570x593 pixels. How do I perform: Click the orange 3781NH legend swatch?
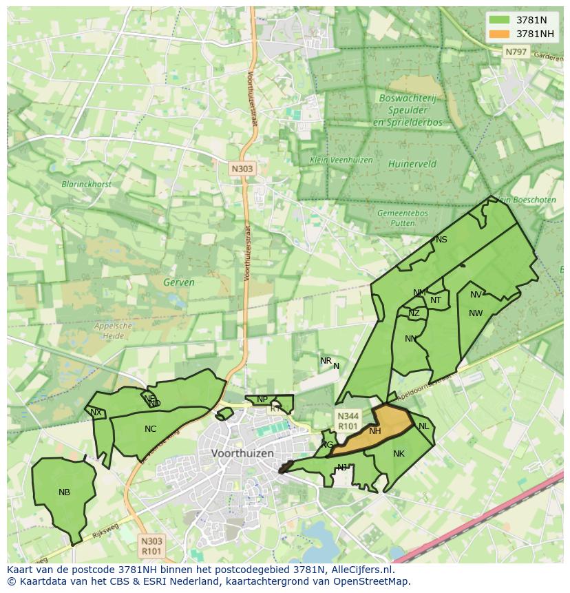[500, 34]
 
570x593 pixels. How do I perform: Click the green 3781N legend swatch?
[500, 20]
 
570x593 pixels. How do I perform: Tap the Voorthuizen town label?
[243, 453]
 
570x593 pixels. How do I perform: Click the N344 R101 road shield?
[347, 420]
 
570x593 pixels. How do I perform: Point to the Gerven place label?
[179, 282]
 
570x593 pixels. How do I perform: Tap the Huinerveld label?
[412, 165]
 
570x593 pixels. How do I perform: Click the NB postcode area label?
[64, 492]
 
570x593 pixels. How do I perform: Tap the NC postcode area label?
[150, 429]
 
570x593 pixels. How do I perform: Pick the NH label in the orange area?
[374, 432]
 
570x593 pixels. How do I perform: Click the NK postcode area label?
[399, 454]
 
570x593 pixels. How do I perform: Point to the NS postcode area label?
[441, 240]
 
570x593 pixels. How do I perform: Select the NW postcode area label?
[475, 313]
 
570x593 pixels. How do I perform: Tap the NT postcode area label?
[436, 300]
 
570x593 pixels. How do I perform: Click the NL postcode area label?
[423, 426]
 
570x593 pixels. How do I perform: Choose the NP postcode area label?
[262, 399]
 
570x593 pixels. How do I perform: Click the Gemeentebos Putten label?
[403, 218]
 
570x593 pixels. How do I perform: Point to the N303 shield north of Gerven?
[242, 168]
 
